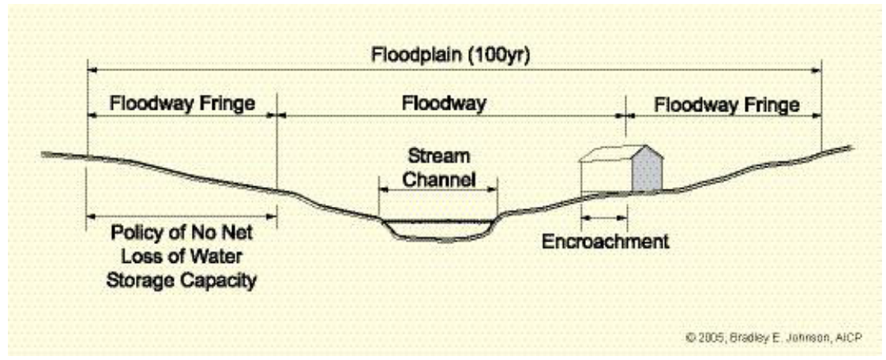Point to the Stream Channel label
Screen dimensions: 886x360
click(x=437, y=167)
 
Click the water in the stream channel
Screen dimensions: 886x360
click(x=438, y=228)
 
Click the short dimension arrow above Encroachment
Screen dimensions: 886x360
click(x=604, y=216)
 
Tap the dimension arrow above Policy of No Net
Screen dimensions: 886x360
click(x=182, y=216)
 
